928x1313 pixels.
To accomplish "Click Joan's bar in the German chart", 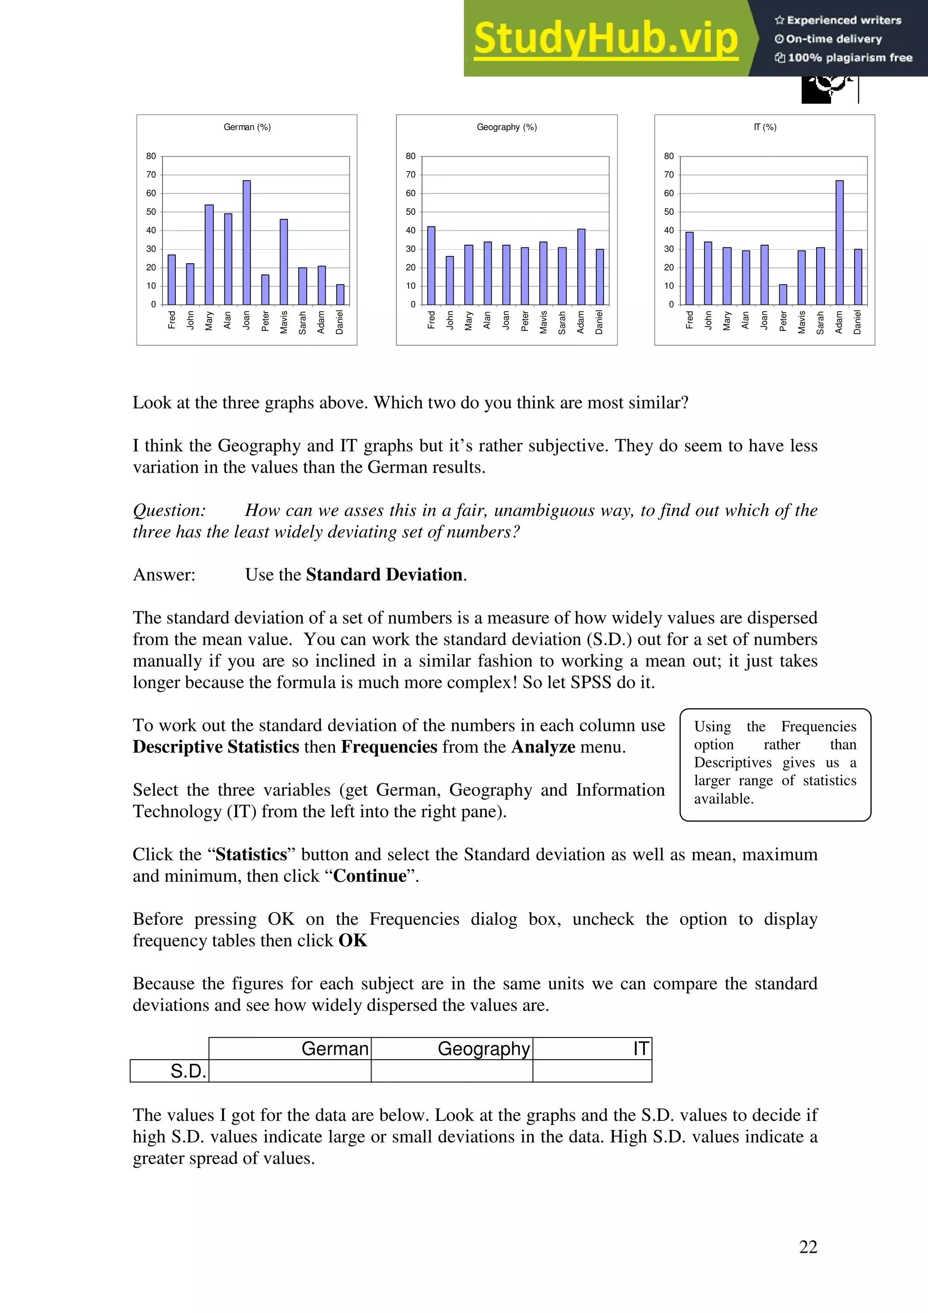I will tap(246, 242).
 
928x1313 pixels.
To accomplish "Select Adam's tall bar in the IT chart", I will tap(839, 242).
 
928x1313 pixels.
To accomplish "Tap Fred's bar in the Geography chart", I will tap(431, 265).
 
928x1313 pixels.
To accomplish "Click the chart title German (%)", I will tap(247, 127).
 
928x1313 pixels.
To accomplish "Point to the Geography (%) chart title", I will tap(507, 127).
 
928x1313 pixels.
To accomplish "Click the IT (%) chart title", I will tap(764, 127).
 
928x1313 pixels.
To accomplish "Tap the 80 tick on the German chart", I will tap(151, 156).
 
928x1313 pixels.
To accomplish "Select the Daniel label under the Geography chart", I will tap(599, 322).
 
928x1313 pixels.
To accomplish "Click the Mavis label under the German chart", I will tap(284, 322).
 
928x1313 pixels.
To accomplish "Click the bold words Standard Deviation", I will tap(384, 575).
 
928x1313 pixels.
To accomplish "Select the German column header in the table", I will tap(334, 1049).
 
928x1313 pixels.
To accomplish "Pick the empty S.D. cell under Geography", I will tap(452, 1071).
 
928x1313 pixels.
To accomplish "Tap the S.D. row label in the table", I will tap(188, 1071).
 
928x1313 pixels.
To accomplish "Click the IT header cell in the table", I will tap(640, 1049).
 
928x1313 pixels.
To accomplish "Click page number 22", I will tap(808, 1247).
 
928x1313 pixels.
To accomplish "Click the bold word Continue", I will tap(369, 876).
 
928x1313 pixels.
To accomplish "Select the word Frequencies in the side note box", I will tap(818, 727).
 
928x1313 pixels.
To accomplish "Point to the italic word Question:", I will tap(169, 510).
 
